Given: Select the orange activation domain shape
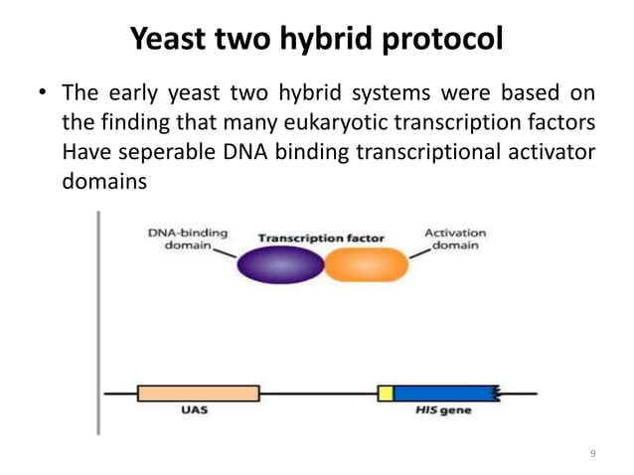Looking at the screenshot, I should point(367,266).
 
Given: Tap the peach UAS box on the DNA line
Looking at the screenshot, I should point(198,394).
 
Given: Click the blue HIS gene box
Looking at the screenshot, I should point(446,394).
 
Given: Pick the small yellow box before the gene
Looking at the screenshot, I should point(386,394).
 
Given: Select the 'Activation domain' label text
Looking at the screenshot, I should point(455,239).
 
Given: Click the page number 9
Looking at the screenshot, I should point(593,454).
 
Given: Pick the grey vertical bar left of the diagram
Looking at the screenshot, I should point(97,323).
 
